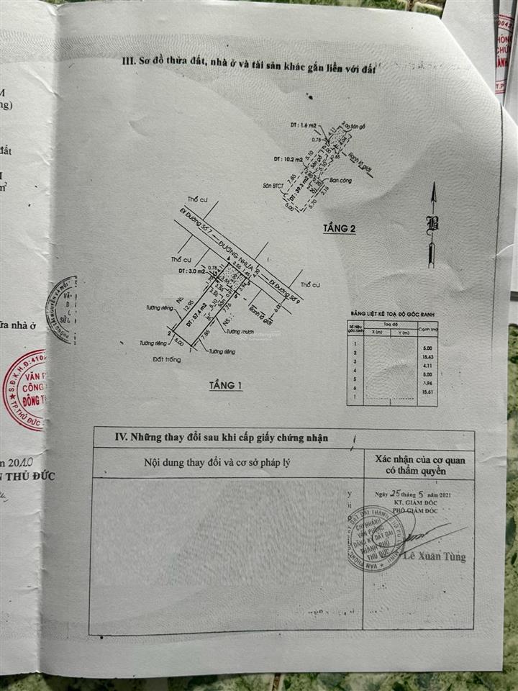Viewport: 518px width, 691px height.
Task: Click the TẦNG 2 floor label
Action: point(340,228)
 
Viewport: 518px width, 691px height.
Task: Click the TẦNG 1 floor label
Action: point(226,386)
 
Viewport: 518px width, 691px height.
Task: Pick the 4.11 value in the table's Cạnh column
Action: point(427,366)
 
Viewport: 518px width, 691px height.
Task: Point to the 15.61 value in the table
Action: point(427,393)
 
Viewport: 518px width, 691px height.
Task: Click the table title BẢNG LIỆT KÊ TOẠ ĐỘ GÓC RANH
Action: point(391,315)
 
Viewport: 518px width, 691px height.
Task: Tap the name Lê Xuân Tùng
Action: point(434,556)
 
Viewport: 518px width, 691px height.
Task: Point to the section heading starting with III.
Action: point(249,68)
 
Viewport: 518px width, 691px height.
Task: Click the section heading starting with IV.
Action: point(223,435)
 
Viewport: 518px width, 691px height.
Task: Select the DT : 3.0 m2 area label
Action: point(184,271)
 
